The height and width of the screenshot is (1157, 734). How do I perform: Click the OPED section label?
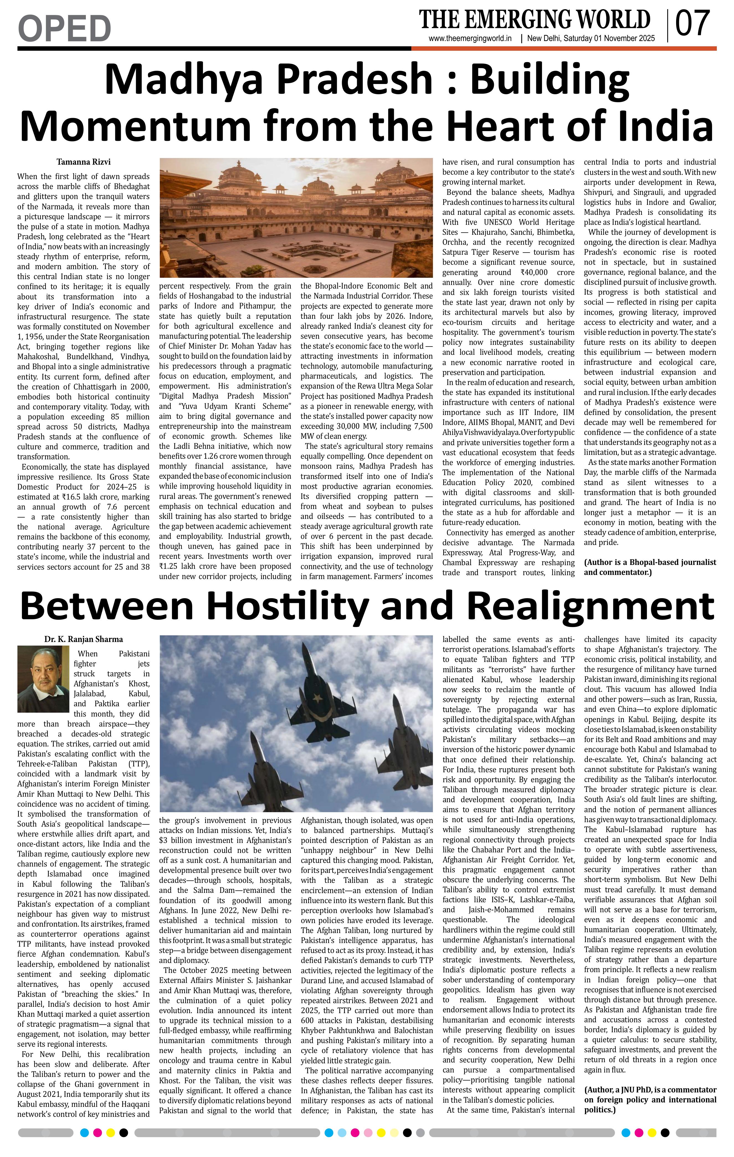[x=64, y=28]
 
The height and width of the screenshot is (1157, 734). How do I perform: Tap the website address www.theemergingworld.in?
[x=470, y=39]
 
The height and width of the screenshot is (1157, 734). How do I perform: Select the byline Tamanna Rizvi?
[x=84, y=162]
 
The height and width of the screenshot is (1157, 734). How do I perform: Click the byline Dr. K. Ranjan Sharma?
[x=84, y=639]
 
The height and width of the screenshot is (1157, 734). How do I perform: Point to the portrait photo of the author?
[x=43, y=679]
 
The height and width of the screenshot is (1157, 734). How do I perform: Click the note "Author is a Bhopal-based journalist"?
[x=650, y=567]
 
